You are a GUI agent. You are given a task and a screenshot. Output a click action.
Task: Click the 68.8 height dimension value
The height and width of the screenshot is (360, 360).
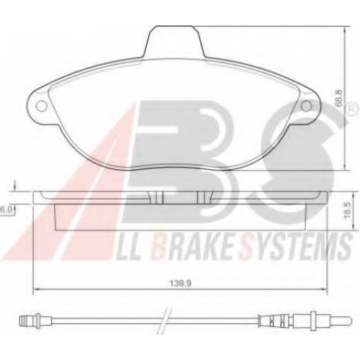coord(338,98)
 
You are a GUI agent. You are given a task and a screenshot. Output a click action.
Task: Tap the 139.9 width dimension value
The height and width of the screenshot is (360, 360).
coord(181,284)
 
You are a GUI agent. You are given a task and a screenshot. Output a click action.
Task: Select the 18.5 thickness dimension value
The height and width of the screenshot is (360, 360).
coord(348,210)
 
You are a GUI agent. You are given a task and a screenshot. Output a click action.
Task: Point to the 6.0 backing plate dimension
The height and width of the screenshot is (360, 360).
coord(5,210)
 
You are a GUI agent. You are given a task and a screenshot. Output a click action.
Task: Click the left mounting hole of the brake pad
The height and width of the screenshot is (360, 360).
coord(41,106)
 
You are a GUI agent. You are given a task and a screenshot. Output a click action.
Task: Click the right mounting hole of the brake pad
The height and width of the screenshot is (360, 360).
coord(306,106)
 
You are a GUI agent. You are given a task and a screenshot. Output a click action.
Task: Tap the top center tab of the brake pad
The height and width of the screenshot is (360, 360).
coord(174,41)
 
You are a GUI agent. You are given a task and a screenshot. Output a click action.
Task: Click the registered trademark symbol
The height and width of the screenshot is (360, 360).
coord(350,110)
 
